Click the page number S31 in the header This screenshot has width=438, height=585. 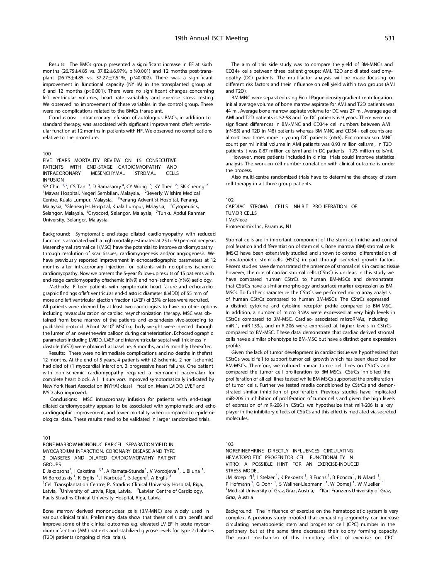coord(389,38)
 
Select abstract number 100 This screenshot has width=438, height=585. coord(46,154)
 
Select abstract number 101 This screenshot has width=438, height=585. coord(46,438)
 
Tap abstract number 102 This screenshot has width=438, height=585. coord(230,200)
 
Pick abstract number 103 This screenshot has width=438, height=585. coord(230,444)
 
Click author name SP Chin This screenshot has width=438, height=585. coord(51,187)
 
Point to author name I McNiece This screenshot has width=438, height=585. coord(236,220)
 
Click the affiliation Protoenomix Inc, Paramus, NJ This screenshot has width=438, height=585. coord(258,226)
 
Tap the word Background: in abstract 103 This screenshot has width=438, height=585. coord(238,511)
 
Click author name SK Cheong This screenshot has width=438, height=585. coord(192,187)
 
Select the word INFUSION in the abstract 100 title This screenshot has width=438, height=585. coord(53,180)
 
